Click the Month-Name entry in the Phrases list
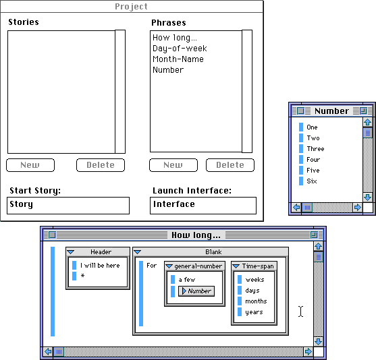point(178,59)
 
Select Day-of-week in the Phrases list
point(180,49)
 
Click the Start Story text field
point(68,206)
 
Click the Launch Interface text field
point(203,206)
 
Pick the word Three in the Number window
point(315,149)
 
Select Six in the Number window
point(312,181)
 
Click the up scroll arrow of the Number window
point(368,122)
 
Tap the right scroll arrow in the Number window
point(357,207)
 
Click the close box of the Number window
point(300,111)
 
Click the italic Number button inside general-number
point(196,291)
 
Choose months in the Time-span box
point(256,301)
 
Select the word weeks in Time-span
point(254,280)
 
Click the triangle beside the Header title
point(71,252)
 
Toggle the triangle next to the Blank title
point(138,252)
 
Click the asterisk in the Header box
point(82,276)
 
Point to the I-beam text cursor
point(300,311)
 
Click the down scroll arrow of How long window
point(319,342)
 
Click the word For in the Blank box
point(152,266)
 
